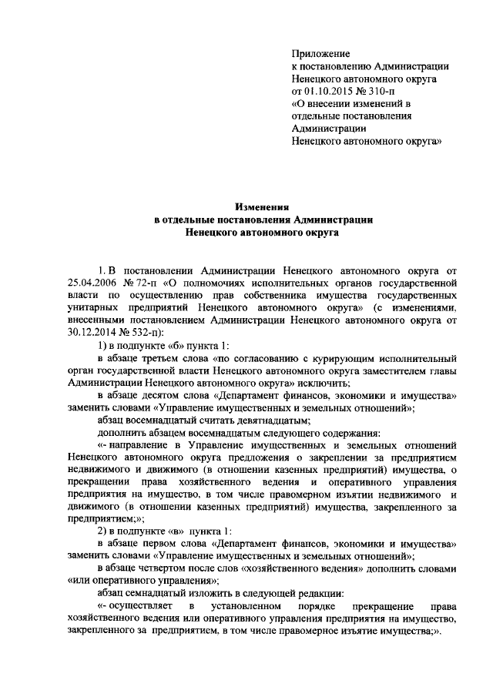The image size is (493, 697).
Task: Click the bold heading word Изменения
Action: [x=260, y=206]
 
